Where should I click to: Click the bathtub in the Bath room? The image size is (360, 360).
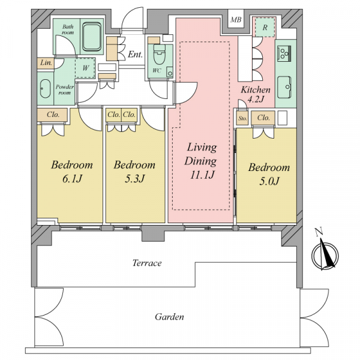pos(92,37)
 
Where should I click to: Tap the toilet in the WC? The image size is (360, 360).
pos(160,55)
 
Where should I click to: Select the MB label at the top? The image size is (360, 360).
pos(236,20)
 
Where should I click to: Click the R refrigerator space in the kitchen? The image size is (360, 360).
pos(265,28)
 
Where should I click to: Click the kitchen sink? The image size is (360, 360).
pos(284,87)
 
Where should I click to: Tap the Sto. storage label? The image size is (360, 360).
pos(242,118)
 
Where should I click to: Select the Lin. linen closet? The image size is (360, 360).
pos(46,63)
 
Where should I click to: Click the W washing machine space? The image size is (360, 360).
pos(85,68)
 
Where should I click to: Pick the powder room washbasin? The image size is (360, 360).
pos(45,89)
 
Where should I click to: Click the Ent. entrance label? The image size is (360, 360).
pos(135,55)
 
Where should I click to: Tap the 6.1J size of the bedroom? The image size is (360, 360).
pos(72,179)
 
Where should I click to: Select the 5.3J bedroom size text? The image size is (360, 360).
pos(134,179)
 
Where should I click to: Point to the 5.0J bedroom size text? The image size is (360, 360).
pos(269,181)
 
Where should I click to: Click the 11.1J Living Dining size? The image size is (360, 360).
pos(202,175)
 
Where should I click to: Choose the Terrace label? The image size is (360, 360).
pos(147,263)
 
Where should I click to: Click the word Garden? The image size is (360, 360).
pos(169,317)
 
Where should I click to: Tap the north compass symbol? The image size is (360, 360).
pos(325,252)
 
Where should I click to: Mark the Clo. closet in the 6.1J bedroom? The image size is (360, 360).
pos(52,115)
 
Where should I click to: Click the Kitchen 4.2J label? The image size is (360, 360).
pos(256,94)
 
